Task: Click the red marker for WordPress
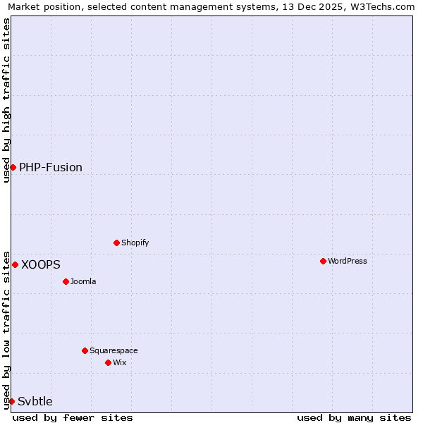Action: click(323, 261)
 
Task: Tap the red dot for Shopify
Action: click(116, 243)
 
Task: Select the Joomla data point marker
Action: click(66, 281)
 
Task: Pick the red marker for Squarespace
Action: click(85, 350)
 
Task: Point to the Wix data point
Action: click(108, 362)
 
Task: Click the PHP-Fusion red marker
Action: click(13, 167)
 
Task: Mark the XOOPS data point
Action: click(15, 264)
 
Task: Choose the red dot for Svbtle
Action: click(11, 401)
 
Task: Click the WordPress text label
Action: click(347, 261)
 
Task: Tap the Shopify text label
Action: click(135, 243)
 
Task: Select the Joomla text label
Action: click(83, 281)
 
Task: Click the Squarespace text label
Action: click(114, 350)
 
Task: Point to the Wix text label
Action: click(119, 362)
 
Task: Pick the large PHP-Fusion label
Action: click(51, 167)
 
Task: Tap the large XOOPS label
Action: click(41, 264)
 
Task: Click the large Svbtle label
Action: click(35, 401)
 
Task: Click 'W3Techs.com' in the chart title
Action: click(385, 7)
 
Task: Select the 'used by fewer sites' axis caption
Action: click(73, 417)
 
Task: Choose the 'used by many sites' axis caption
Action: click(354, 417)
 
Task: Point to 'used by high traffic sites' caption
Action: click(7, 101)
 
